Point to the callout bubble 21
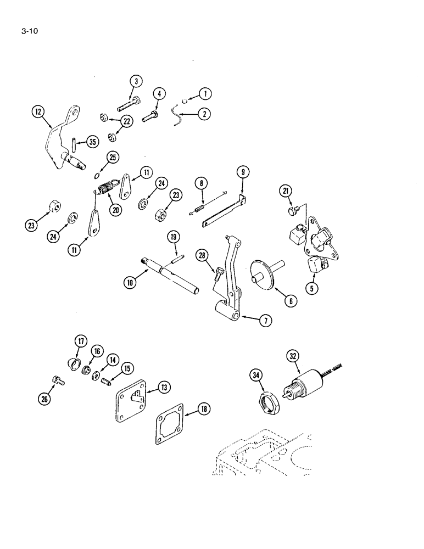click(x=286, y=191)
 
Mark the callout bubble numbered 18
click(x=188, y=408)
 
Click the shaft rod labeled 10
click(x=175, y=276)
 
